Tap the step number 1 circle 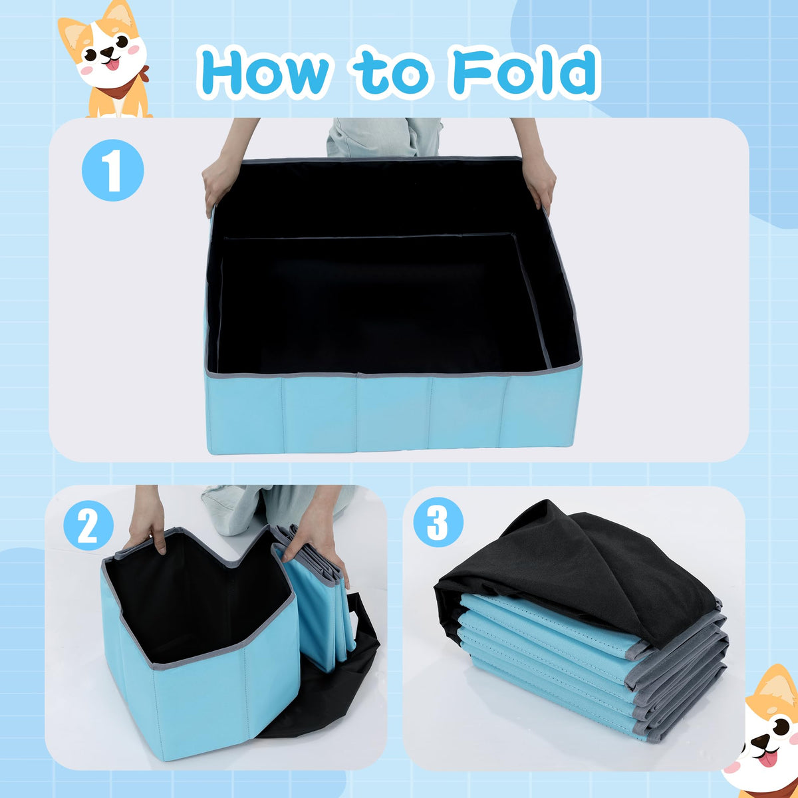(x=112, y=170)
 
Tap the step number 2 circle (x=88, y=526)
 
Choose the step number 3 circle (x=438, y=522)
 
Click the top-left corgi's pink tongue (x=112, y=65)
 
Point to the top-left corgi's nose (x=107, y=51)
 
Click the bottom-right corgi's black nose (x=760, y=740)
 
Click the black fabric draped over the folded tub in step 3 (x=580, y=571)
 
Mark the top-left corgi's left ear (x=71, y=38)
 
